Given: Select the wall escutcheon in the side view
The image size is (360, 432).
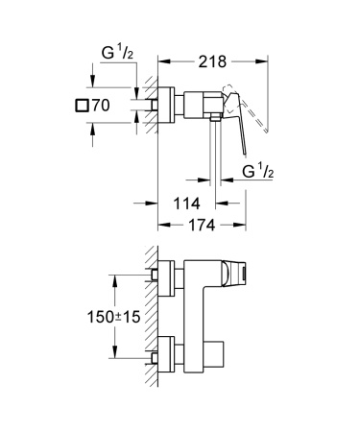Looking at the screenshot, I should tap(167, 103).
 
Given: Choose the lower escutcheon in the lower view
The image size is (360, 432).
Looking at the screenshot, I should tap(167, 357).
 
